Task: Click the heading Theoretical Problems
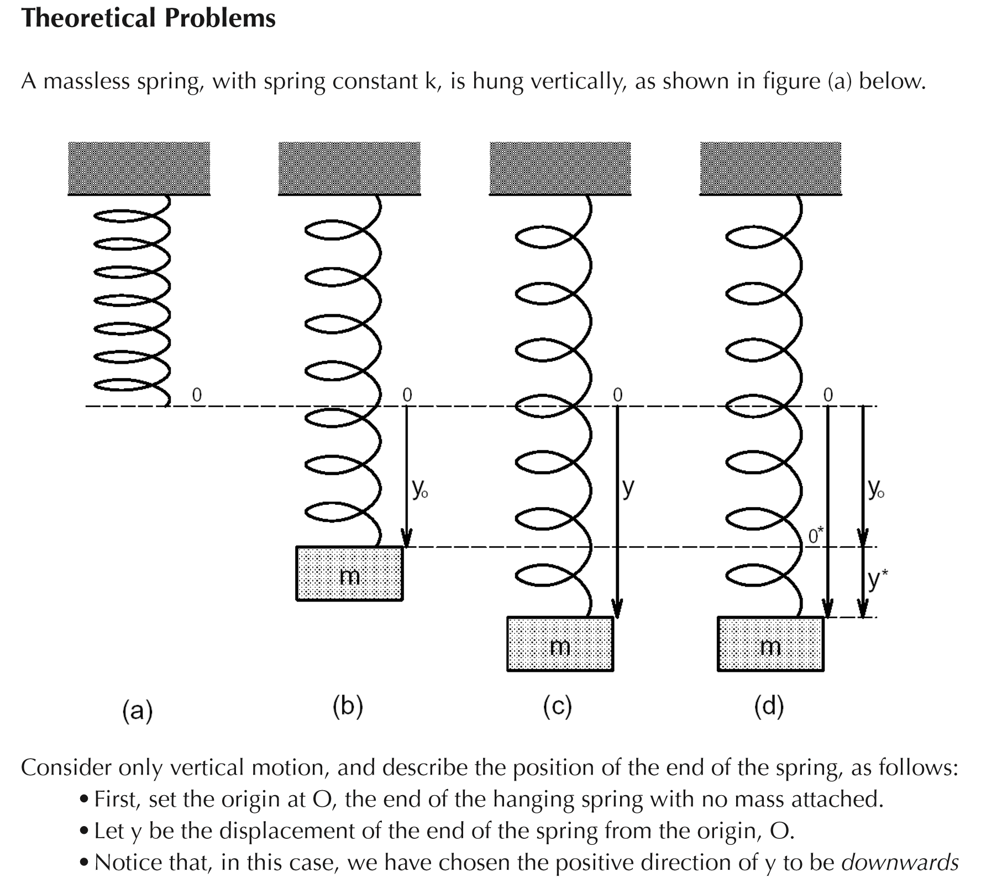[x=148, y=19]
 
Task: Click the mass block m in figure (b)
[x=349, y=573]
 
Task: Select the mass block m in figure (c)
[x=560, y=644]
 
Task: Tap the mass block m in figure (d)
[x=770, y=644]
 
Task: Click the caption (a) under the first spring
[x=137, y=711]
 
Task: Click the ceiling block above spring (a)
[x=139, y=168]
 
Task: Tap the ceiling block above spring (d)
[x=770, y=168]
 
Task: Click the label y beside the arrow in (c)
[x=628, y=488]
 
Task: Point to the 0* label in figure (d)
[x=815, y=535]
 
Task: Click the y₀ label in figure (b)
[x=419, y=489]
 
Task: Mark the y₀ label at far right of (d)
[x=875, y=489]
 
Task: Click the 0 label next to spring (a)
[x=196, y=395]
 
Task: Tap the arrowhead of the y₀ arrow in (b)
[x=407, y=539]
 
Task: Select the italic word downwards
[x=899, y=863]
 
